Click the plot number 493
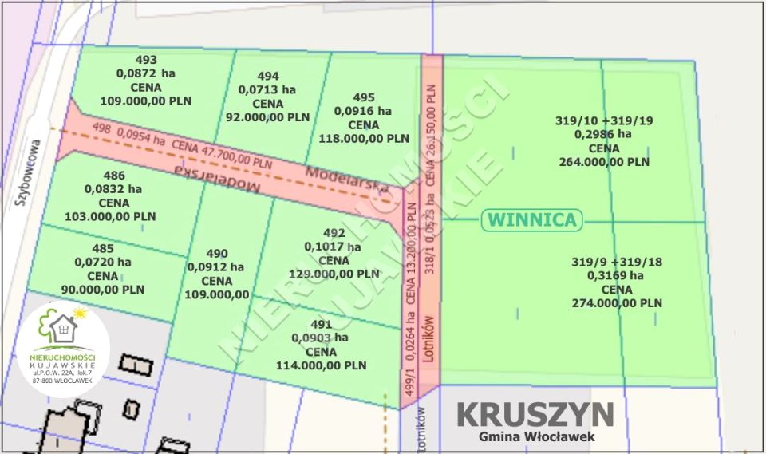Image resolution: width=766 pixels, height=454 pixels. [x=146, y=60]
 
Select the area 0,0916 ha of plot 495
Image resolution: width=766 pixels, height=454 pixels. [x=363, y=111]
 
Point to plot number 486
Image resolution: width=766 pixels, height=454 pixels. [x=115, y=176]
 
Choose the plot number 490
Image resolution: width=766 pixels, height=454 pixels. [x=217, y=253]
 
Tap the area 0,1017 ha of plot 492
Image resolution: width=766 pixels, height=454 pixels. [x=332, y=247]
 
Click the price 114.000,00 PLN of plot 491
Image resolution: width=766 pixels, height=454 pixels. [x=321, y=365]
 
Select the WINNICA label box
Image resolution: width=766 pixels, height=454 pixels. [x=532, y=220]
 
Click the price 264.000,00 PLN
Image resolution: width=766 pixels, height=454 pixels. [x=604, y=162]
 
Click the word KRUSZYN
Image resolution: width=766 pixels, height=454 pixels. [x=535, y=414]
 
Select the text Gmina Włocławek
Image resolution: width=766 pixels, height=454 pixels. [x=536, y=436]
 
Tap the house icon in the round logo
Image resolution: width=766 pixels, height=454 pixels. [x=62, y=327]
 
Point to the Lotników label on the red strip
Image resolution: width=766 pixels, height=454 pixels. [x=428, y=339]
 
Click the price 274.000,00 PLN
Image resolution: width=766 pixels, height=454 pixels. [x=617, y=303]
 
